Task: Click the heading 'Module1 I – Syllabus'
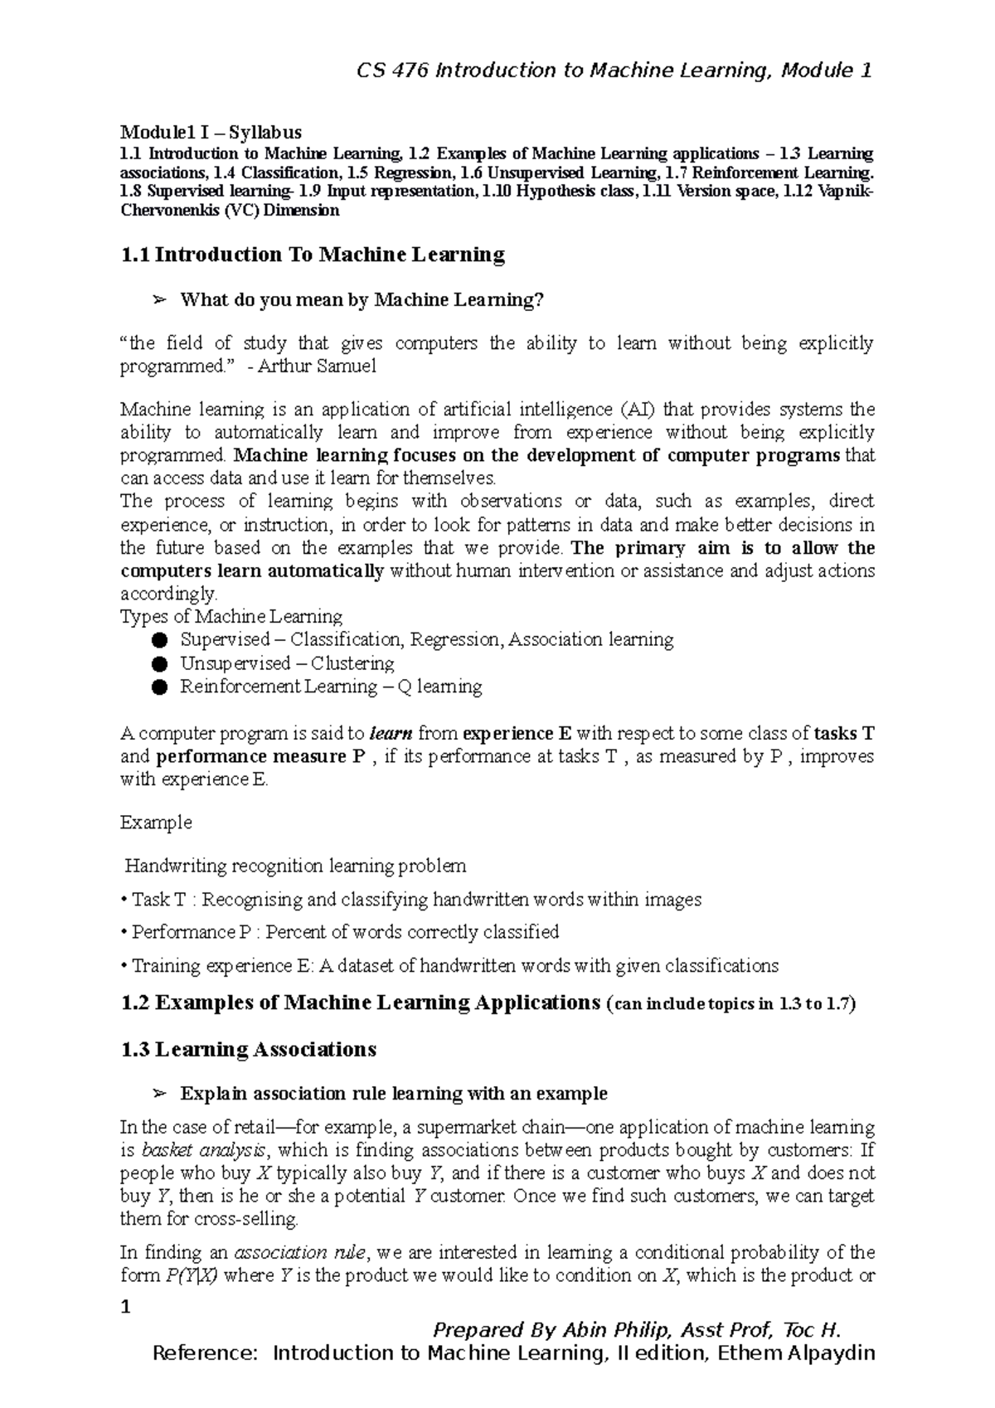click(x=211, y=132)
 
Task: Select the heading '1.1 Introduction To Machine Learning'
click(x=313, y=255)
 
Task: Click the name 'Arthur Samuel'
click(x=317, y=367)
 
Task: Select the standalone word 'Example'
click(x=156, y=823)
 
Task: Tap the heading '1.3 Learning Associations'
click(x=248, y=1050)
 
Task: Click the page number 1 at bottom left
click(x=126, y=1308)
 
